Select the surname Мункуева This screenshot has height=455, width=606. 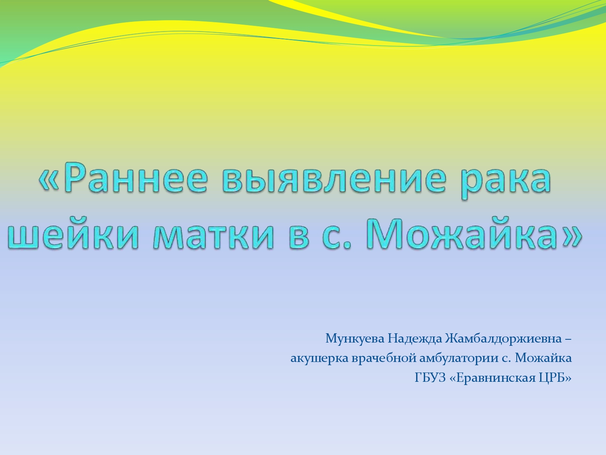coord(355,339)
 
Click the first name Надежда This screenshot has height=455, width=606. coord(415,339)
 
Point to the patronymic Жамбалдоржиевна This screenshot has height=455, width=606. coord(503,339)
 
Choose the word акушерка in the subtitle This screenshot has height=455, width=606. coord(319,359)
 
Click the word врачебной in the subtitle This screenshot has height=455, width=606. coord(384,358)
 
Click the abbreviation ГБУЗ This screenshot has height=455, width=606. coord(430,378)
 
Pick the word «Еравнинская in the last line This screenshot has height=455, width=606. coord(492,378)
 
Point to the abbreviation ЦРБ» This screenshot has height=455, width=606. coord(555,378)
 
